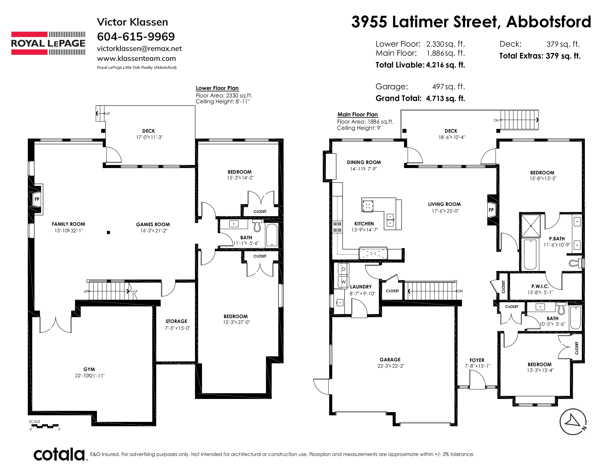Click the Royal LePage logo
(x=48, y=43)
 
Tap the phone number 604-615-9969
(x=136, y=36)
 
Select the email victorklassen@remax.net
(x=139, y=48)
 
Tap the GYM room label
(x=89, y=369)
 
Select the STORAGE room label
(x=176, y=321)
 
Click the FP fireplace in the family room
(x=36, y=199)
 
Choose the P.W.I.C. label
(x=540, y=286)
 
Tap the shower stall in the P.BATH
(x=531, y=226)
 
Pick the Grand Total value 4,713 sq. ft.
(x=445, y=98)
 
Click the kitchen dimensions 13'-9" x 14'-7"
(x=365, y=230)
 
